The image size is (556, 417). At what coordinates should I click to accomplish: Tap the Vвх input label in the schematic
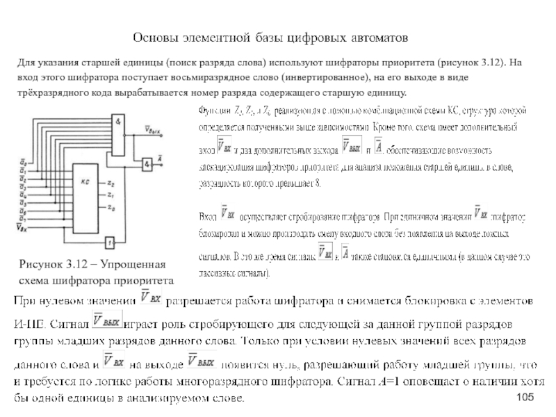(22, 227)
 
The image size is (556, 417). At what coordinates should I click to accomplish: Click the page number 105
(526, 395)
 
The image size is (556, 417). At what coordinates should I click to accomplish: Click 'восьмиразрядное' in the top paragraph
(234, 77)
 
